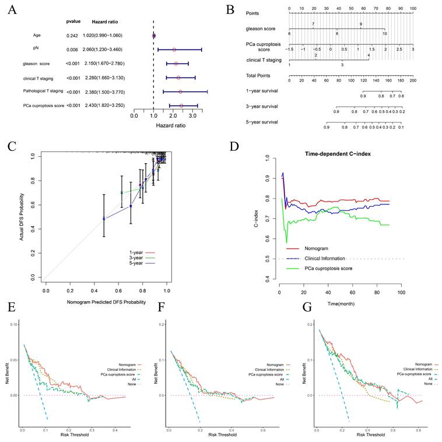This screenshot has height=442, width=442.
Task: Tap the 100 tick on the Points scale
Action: pos(412,9)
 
